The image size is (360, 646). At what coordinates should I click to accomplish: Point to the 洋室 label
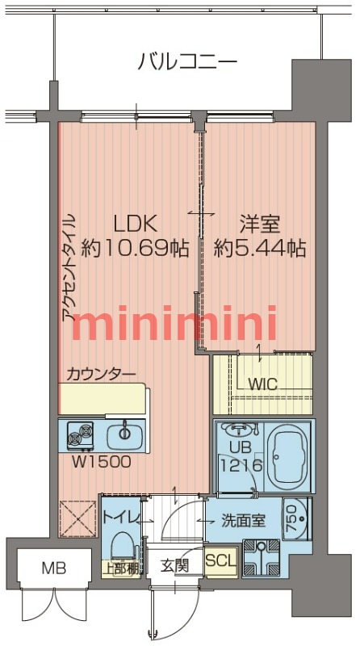pos(260,223)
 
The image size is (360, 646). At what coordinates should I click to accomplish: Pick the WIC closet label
pos(263,384)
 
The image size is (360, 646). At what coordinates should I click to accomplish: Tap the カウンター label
pos(101,373)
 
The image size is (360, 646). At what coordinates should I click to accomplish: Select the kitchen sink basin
pos(124,434)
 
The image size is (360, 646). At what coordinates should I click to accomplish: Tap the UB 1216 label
pos(235,455)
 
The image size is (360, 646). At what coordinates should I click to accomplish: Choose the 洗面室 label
pos(245,521)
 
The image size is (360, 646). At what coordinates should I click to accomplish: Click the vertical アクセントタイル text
pos(69,266)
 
